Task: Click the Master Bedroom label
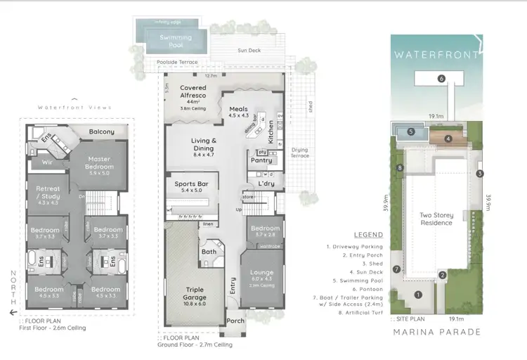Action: point(100,163)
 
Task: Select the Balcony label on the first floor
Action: point(102,132)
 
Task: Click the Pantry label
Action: point(261,160)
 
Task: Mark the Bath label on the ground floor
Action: point(209,251)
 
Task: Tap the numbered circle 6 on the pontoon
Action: point(441,79)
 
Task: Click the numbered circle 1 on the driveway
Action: point(417,295)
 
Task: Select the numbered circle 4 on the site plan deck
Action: point(448,139)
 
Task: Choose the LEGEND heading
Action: point(369,235)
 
